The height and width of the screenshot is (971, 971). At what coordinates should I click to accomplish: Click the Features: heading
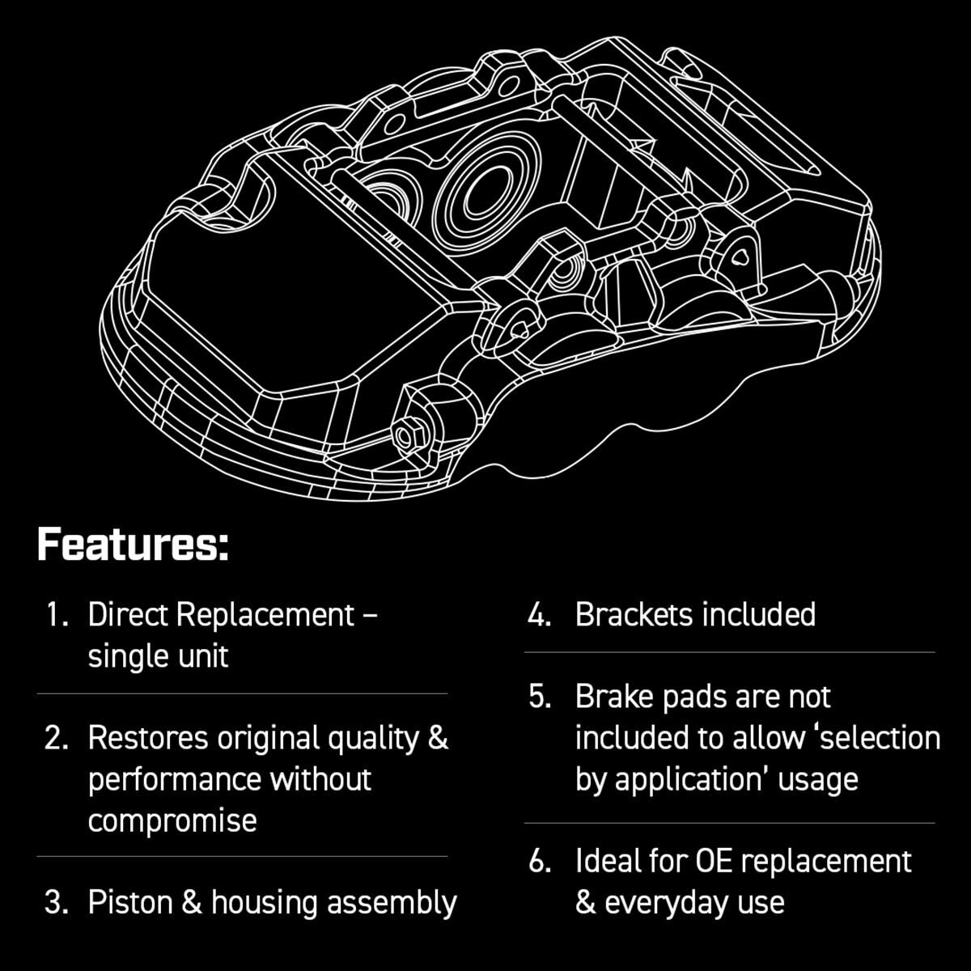pyautogui.click(x=133, y=545)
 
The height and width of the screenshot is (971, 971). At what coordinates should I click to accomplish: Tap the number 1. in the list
pyautogui.click(x=57, y=615)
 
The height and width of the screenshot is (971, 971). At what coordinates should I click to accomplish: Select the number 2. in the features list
pyautogui.click(x=57, y=738)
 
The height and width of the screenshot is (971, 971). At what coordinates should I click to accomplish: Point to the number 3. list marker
pyautogui.click(x=57, y=902)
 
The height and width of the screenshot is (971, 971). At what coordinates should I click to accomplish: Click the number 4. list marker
pyautogui.click(x=540, y=615)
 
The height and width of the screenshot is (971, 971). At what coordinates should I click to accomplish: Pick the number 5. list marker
pyautogui.click(x=540, y=697)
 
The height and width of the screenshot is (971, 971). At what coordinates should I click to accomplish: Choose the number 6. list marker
pyautogui.click(x=540, y=861)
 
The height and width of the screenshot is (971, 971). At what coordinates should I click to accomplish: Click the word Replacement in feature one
pyautogui.click(x=265, y=615)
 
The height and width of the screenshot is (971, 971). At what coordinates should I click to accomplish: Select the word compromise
pyautogui.click(x=172, y=820)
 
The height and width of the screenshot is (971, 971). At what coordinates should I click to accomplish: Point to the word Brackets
pyautogui.click(x=634, y=615)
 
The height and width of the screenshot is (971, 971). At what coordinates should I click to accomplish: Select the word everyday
pyautogui.click(x=670, y=902)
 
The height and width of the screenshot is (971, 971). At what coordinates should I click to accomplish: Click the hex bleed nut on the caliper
pyautogui.click(x=405, y=436)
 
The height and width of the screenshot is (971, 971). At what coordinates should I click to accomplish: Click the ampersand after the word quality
pyautogui.click(x=437, y=738)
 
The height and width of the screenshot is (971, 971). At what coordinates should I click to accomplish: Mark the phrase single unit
pyautogui.click(x=158, y=656)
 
